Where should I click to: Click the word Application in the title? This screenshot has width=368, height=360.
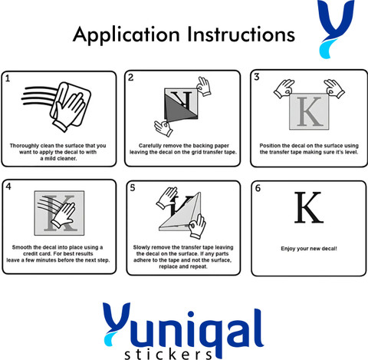(x=127, y=35)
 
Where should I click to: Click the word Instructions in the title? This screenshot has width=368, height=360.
(x=242, y=34)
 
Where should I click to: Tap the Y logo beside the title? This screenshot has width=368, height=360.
(x=336, y=28)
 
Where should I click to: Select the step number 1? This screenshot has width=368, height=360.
(x=8, y=78)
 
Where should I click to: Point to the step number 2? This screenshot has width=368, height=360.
(x=131, y=78)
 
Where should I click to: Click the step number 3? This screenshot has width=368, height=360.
(x=257, y=77)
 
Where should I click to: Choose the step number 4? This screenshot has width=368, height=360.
(x=8, y=187)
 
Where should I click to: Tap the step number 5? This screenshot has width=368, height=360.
(x=133, y=188)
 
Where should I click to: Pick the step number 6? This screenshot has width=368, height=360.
(x=258, y=188)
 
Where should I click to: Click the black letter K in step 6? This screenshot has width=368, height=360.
(x=309, y=207)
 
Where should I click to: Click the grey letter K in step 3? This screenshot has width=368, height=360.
(x=310, y=111)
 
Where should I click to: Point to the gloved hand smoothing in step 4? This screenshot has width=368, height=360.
(x=64, y=215)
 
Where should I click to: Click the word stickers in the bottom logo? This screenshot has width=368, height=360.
(x=168, y=355)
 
